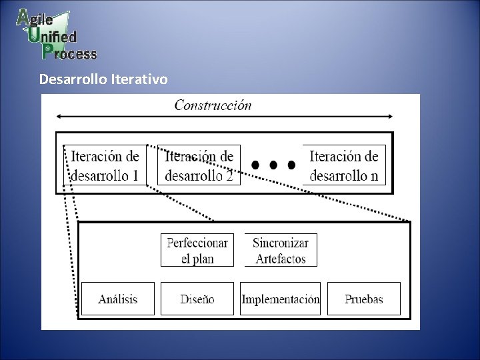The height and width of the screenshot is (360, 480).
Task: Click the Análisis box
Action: [x=117, y=299]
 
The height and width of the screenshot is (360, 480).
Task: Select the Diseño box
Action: [x=197, y=299]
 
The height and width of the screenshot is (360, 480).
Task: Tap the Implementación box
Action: [x=281, y=299]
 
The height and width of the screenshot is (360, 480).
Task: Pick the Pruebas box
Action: [x=364, y=299]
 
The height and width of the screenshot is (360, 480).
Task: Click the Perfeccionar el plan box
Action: [x=197, y=251]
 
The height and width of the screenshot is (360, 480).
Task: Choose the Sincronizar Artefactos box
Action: [x=281, y=251]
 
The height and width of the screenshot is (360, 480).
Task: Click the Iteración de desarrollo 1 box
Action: [x=105, y=165]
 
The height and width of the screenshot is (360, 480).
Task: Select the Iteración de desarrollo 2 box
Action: [x=199, y=165]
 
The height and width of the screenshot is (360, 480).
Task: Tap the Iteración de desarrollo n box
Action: [x=344, y=165]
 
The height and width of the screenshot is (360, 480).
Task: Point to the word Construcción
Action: [x=213, y=105]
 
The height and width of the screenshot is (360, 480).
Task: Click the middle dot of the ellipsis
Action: [x=273, y=164]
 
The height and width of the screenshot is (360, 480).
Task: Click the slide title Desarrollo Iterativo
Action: [x=103, y=79]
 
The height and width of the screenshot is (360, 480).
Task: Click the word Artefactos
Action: [x=281, y=259]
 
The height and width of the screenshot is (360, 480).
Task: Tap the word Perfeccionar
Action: [x=197, y=243]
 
